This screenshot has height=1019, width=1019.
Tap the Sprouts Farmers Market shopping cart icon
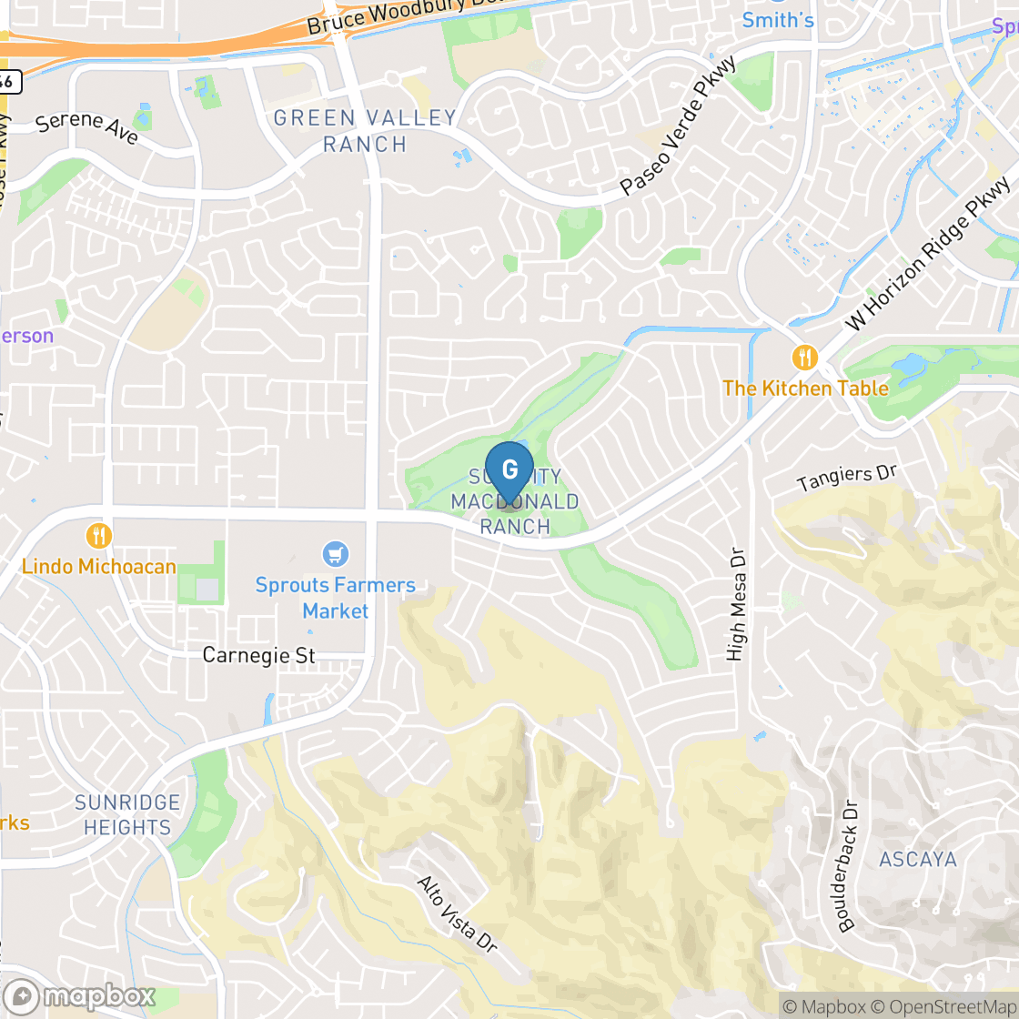point(336,553)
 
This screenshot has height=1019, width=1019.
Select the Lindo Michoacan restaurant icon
point(99,535)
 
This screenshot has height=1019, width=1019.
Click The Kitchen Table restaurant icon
point(805,358)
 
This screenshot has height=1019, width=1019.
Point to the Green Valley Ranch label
point(365,131)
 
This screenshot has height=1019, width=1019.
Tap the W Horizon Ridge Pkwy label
point(928,255)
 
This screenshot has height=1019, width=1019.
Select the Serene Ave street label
point(87,128)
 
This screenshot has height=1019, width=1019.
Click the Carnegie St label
point(259,655)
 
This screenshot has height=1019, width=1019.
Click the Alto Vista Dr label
point(457,913)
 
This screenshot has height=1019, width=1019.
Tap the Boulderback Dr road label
point(848,865)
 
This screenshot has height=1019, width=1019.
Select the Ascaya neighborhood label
point(918,860)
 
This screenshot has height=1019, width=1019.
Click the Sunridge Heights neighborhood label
point(126,815)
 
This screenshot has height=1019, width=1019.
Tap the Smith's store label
point(778,19)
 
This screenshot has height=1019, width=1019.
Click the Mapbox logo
point(80,996)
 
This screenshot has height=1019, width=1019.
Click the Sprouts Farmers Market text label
point(336,598)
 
